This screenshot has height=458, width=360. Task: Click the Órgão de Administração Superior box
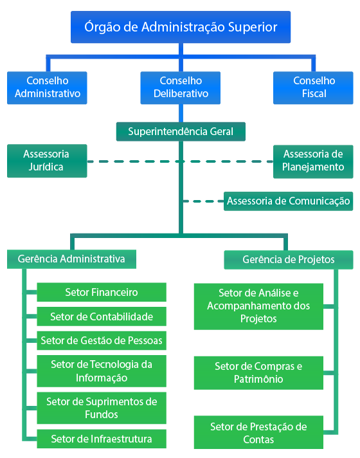coord(181,27)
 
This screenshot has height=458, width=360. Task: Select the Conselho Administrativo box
coord(47,87)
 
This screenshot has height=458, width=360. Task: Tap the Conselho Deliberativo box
coord(181,87)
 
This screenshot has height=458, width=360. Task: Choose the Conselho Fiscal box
coord(313,87)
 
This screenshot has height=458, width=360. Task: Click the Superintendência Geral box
coord(181,131)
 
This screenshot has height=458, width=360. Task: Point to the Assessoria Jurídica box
coord(47,161)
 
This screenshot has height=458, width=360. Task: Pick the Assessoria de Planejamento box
coord(313,161)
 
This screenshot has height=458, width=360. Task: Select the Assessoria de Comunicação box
coord(289,201)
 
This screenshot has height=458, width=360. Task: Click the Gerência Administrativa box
coord(71,259)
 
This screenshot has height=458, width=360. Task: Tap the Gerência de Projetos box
coord(289,259)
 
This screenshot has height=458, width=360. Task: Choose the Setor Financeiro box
coord(102,292)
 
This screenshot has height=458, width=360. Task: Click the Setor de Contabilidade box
coord(102,316)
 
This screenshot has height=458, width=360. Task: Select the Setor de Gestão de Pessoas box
coord(102,340)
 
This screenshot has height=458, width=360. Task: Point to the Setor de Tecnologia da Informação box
coord(102,371)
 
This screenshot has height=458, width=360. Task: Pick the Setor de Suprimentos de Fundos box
coord(102,408)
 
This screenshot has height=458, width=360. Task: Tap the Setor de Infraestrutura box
coord(102,439)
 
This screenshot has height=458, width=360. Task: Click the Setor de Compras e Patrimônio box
coord(258,372)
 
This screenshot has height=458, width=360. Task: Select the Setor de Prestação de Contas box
coord(258,432)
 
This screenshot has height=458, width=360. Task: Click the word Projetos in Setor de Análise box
coord(258,318)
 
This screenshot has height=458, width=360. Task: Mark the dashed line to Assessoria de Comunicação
coord(203,201)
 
